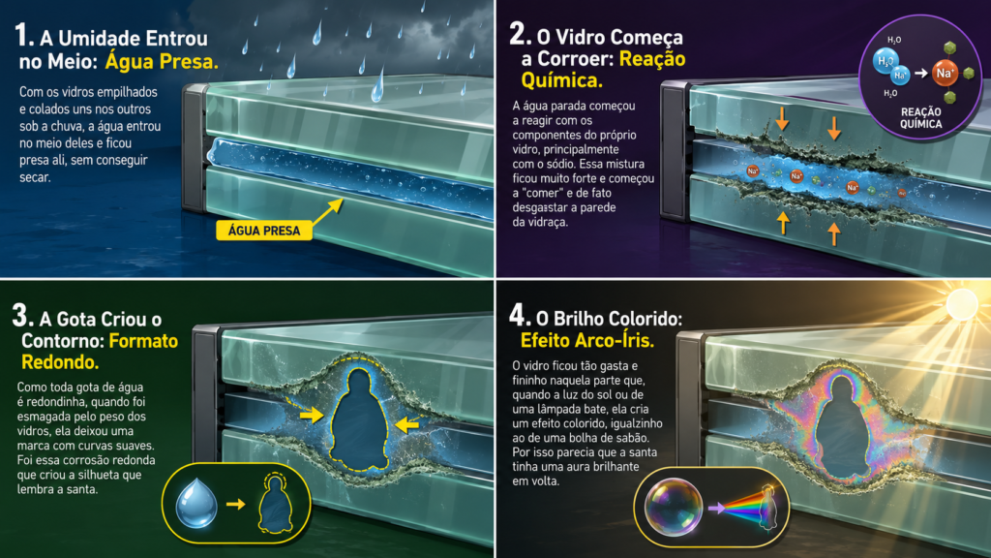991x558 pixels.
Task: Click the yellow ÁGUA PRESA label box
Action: pos(264,231)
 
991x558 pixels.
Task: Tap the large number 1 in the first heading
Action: pos(23,36)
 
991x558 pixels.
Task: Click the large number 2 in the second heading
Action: pos(520,34)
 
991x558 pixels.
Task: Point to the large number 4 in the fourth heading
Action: pos(519,315)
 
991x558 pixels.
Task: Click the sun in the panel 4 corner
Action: pos(961,302)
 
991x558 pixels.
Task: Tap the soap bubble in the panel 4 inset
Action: pos(674,507)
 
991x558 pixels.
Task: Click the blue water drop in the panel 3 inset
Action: pos(196,503)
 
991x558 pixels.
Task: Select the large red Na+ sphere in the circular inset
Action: pos(945,73)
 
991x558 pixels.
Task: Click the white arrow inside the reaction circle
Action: pos(921,74)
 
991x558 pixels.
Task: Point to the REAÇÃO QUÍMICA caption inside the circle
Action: pos(921,117)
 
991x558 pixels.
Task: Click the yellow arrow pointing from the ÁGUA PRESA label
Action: pos(328,211)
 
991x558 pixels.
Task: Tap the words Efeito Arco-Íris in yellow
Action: pos(586,341)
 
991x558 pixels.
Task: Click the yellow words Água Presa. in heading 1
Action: pos(162,61)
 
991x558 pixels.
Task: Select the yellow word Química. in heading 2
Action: pos(561,80)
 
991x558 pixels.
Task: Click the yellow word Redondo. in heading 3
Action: pos(60,362)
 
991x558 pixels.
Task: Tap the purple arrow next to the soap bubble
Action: pos(716,508)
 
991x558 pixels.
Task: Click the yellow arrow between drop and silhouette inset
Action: pos(236,504)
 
